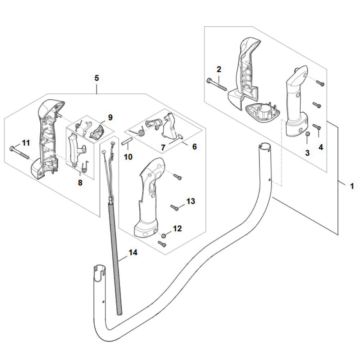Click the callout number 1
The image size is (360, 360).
pyautogui.click(x=352, y=186)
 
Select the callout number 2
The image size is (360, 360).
pyautogui.click(x=219, y=69)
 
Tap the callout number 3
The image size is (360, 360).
pyautogui.click(x=307, y=153)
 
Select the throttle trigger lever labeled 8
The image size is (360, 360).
pyautogui.click(x=75, y=150)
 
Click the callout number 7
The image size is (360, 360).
pyautogui.click(x=163, y=148)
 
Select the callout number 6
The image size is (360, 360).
pyautogui.click(x=194, y=147)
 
